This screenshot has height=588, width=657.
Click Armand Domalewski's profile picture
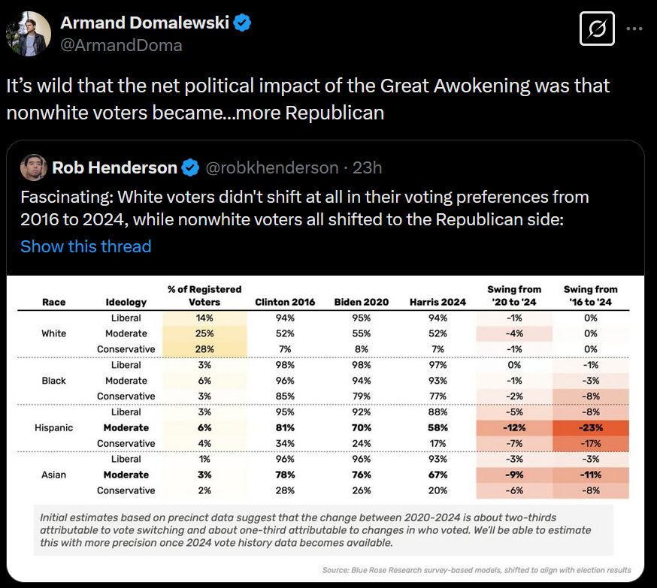pos(28,32)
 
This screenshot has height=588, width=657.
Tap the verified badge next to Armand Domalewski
pos(242,23)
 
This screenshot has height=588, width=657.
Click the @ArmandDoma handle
pos(121,45)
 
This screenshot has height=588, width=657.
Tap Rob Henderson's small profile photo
pos(34,167)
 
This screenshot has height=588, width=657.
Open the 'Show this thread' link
pos(86,246)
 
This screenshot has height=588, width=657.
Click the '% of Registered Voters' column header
pos(204,295)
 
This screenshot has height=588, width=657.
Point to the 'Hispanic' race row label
pos(54,427)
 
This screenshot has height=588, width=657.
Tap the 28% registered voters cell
pos(204,349)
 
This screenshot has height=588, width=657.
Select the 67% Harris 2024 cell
pos(437,475)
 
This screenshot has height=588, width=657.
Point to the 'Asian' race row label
pos(54,475)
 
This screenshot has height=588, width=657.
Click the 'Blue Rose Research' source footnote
pos(477,570)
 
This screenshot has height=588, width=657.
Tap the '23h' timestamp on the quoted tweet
pos(367,167)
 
